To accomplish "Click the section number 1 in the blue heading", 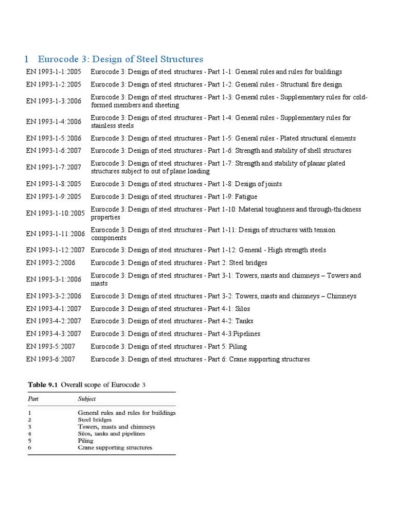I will pos(27,59).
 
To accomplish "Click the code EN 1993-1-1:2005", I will pos(53,72).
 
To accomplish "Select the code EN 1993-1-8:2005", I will pos(53,184).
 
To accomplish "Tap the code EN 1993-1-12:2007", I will pos(56,250).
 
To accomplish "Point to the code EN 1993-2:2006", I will pos(50,263).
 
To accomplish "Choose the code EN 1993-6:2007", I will pos(50,359).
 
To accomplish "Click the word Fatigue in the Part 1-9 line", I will pos(246,197).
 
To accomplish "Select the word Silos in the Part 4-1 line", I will pos(244,309).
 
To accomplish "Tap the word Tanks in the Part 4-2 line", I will pos(245,321).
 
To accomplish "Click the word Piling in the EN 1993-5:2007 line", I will pos(238,346).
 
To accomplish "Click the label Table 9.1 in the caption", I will pos(43,384).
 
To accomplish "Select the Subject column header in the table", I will pos(87,399).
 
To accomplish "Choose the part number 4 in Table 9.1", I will pos(29,434).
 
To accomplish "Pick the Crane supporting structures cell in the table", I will pos(115,448).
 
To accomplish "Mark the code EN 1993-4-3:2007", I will pos(53,334).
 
